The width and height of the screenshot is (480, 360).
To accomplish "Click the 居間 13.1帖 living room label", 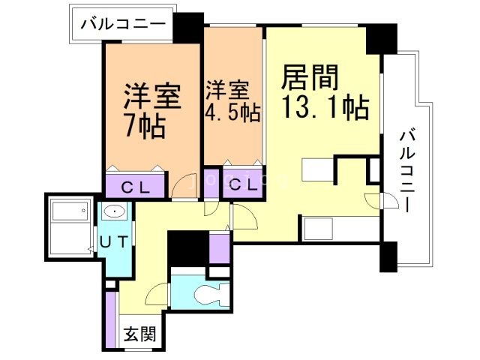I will [324, 93].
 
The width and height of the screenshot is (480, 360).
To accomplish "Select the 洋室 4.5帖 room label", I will [233, 101].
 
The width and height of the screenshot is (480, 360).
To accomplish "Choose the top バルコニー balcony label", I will [123, 25].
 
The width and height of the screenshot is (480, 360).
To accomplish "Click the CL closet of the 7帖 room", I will [135, 186].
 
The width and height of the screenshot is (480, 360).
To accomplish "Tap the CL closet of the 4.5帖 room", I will [241, 185].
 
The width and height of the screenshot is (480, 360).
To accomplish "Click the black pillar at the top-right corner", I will [382, 38].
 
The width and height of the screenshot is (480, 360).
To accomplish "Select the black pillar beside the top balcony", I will [188, 28].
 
